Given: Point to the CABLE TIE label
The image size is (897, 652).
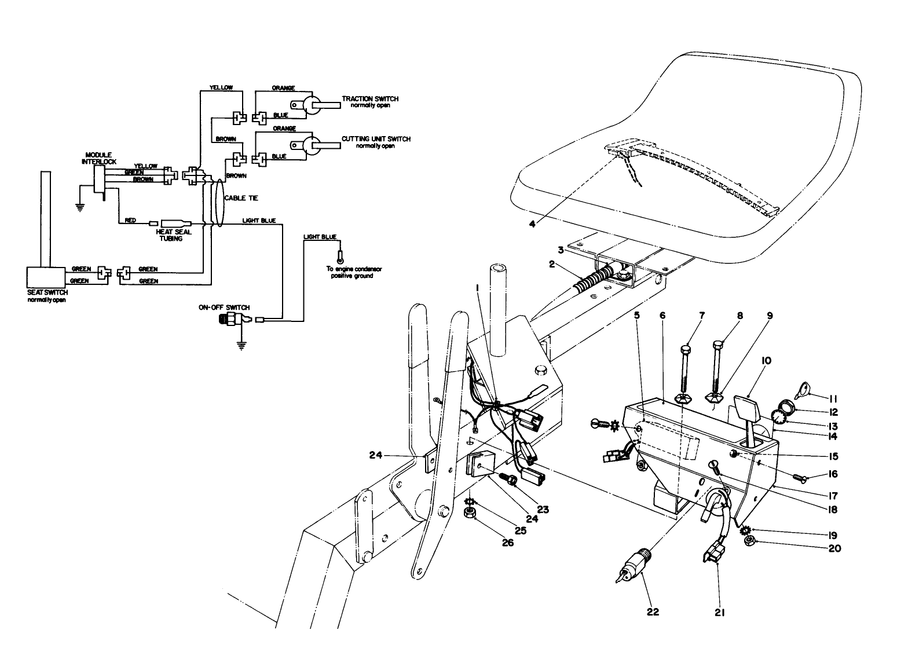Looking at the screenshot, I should (x=241, y=198).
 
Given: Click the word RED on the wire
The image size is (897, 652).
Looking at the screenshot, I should (x=130, y=221).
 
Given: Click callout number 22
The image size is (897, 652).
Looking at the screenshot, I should (x=653, y=611).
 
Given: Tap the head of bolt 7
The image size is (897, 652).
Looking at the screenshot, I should (x=686, y=349).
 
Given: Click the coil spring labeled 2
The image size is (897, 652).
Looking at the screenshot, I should (x=591, y=280).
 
